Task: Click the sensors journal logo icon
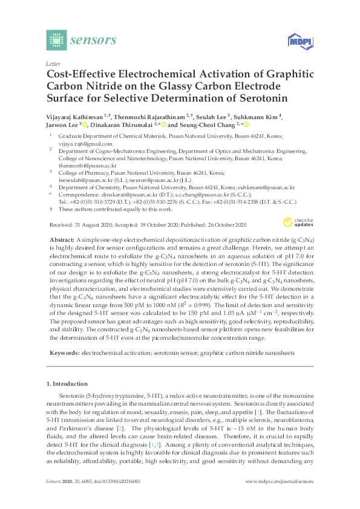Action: coord(55,41)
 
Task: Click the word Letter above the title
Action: coord(52,63)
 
